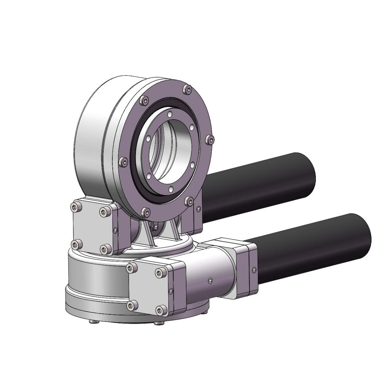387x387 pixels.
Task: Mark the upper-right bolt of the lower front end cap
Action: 160,272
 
